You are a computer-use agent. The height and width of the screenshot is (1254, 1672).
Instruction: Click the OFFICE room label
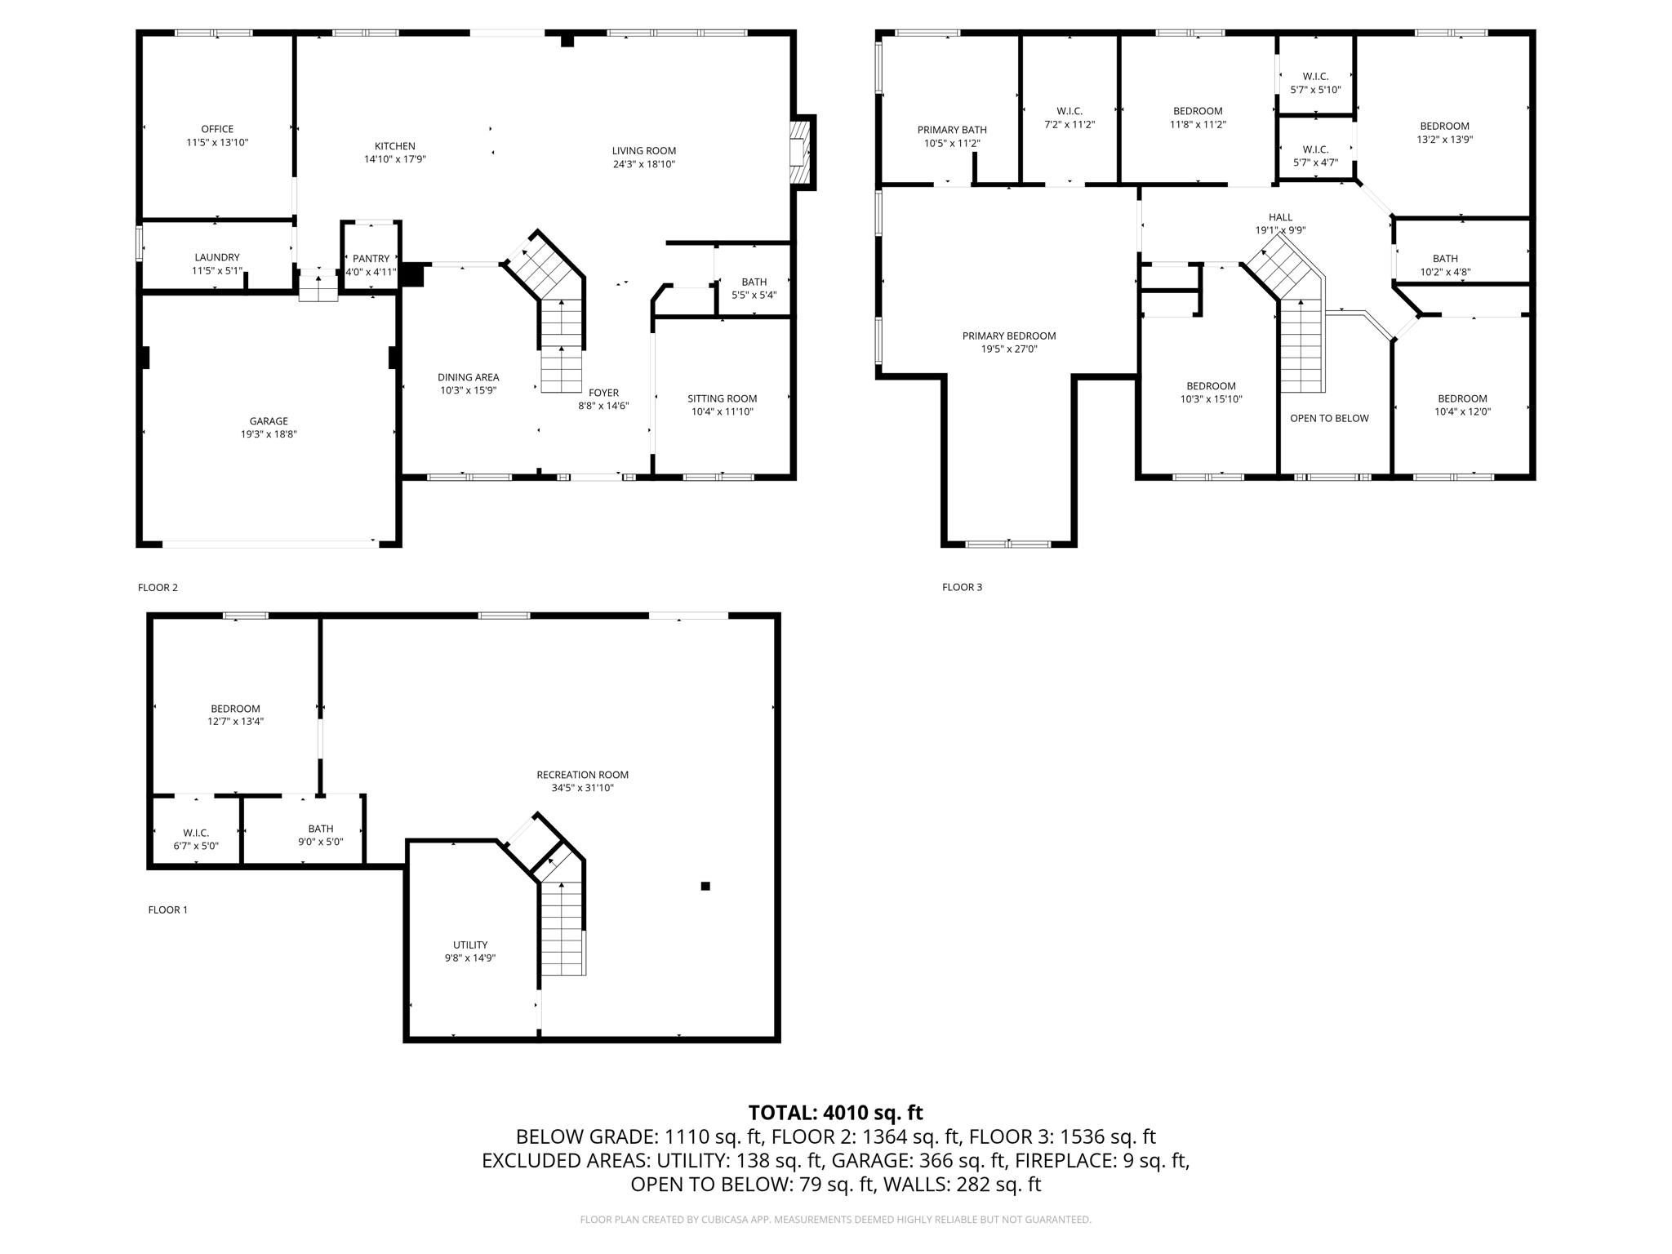click(217, 129)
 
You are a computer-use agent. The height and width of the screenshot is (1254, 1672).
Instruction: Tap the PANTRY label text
click(371, 259)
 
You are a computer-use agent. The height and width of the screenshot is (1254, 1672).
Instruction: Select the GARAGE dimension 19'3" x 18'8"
click(269, 434)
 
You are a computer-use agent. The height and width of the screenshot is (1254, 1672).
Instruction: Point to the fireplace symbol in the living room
click(801, 153)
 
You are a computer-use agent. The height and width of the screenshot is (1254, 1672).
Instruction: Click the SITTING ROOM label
click(722, 398)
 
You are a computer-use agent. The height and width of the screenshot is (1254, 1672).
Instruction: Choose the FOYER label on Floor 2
click(603, 393)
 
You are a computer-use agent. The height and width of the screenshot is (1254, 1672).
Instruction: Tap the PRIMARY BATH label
click(952, 130)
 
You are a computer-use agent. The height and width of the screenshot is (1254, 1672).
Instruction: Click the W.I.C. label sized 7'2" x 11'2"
click(1069, 111)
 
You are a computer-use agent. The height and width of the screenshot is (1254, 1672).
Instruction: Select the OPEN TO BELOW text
click(1329, 418)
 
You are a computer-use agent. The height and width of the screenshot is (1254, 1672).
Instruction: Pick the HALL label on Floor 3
click(1280, 217)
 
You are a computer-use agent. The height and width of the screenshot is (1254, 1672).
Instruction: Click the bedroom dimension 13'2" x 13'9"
click(1444, 140)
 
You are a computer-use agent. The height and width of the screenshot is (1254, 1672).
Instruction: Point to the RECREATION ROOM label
click(582, 775)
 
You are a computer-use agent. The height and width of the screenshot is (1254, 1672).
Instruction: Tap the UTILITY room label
click(470, 945)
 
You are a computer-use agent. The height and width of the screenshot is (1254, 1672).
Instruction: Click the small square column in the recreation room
click(705, 886)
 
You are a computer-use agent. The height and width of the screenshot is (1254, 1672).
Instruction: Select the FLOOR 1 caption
click(167, 909)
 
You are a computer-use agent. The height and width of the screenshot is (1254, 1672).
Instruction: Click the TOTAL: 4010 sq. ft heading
click(835, 1112)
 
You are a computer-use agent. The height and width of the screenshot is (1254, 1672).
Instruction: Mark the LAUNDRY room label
click(217, 257)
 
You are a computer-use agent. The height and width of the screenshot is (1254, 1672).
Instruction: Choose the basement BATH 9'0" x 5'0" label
click(321, 829)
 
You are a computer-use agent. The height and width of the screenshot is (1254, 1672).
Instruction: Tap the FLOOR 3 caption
click(962, 587)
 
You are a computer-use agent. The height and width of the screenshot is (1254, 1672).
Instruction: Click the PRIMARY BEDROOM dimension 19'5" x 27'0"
click(1008, 349)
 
